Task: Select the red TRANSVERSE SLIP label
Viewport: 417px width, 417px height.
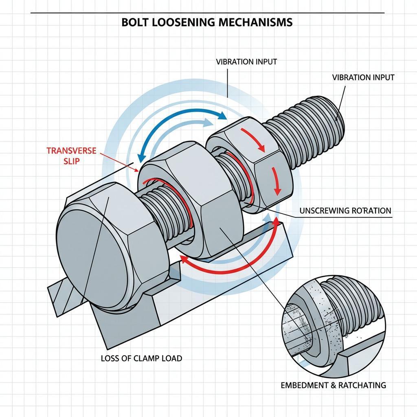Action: click(71, 156)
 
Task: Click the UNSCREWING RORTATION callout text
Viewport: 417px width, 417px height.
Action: click(345, 211)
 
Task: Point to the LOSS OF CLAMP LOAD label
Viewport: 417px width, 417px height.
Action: click(141, 358)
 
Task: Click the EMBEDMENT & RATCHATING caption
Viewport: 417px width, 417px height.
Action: click(333, 385)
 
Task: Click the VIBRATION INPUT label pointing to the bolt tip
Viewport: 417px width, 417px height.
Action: click(363, 77)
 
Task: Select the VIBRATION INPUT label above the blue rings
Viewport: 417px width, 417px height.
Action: click(246, 62)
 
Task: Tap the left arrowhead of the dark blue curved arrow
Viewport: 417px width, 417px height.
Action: click(141, 159)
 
